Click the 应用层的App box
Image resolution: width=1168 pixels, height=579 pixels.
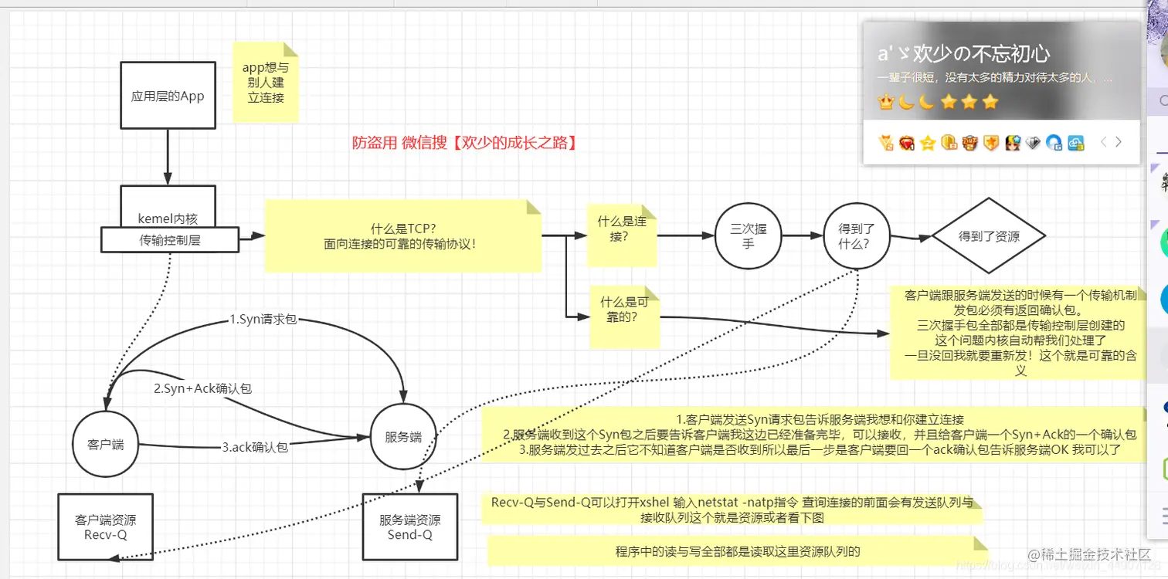coord(168,96)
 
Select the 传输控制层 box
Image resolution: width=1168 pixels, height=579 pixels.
coord(169,240)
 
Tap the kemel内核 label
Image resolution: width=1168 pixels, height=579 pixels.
coord(168,218)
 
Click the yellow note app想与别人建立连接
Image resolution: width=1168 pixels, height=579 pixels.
coord(266,83)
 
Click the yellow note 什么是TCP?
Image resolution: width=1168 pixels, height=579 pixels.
coord(403,236)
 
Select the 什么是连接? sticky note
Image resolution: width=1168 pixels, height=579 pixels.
coord(622,229)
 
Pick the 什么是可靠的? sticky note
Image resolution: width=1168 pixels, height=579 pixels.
coord(624,310)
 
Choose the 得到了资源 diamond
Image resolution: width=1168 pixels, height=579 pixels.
coord(989,236)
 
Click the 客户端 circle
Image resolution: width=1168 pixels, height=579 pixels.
coord(106,445)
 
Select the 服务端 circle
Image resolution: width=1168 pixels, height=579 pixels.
coord(403,437)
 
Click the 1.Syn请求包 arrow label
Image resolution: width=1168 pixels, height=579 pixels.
coord(263,320)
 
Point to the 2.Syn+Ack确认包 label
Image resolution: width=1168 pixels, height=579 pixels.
coord(203,388)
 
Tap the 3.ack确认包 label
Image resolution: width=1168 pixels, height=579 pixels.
coord(255,446)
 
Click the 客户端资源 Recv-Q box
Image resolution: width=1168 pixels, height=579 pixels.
coord(106,527)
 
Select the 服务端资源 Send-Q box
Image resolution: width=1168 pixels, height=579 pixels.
coord(410,527)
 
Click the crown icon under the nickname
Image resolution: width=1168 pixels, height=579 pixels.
coord(886,102)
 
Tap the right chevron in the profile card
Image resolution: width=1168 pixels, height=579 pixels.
coord(1118,142)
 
